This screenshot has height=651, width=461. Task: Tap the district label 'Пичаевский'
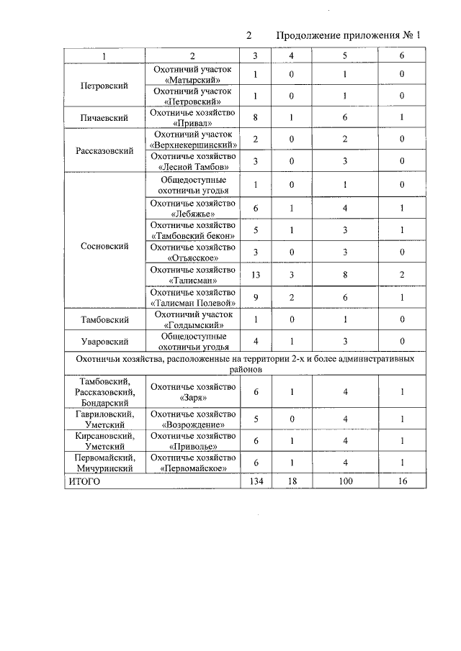(104, 117)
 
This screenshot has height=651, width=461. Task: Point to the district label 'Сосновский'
(104, 246)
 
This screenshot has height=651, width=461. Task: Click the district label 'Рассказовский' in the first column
(104, 152)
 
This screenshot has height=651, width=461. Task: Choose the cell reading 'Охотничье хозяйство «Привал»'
(192, 117)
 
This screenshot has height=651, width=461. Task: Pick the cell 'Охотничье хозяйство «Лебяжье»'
(192, 208)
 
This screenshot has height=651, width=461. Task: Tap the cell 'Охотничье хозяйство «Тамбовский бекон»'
(192, 230)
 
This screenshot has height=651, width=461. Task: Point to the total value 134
(256, 481)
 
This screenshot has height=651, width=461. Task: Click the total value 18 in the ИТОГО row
(291, 481)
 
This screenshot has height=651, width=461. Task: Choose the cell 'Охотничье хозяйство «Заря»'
(192, 392)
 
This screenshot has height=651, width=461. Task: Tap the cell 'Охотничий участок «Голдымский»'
(192, 319)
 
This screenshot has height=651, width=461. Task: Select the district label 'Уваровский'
(104, 341)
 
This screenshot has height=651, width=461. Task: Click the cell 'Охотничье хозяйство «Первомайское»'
(192, 463)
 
